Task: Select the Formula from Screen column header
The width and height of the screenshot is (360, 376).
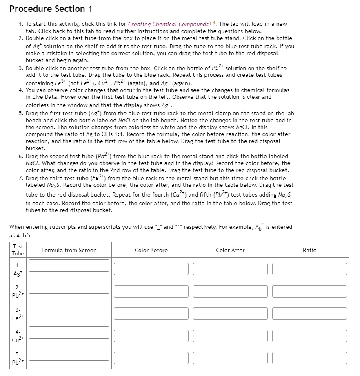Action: coord(69,250)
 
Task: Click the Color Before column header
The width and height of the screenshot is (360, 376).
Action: coord(151,250)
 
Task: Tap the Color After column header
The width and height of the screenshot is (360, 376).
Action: coord(230,250)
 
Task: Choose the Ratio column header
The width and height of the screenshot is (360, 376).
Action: coord(309,250)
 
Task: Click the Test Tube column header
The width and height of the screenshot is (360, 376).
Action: coord(18,250)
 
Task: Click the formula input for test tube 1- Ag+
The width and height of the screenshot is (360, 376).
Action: coord(69,265)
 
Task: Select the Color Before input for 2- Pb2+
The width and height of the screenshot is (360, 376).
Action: coord(151,291)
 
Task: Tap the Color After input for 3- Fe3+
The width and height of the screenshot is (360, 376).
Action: coord(230,313)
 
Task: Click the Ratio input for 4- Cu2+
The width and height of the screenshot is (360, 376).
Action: coord(309,336)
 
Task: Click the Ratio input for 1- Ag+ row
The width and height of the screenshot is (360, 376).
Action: coord(309,269)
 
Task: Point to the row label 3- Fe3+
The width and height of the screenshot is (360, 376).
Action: coord(18,313)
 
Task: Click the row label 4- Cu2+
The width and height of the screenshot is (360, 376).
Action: coord(18,336)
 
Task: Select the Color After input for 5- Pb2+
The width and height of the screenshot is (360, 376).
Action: coord(230,358)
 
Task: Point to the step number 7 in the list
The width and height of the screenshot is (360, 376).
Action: coord(20,178)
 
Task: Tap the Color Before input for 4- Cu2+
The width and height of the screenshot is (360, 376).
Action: coord(151,336)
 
